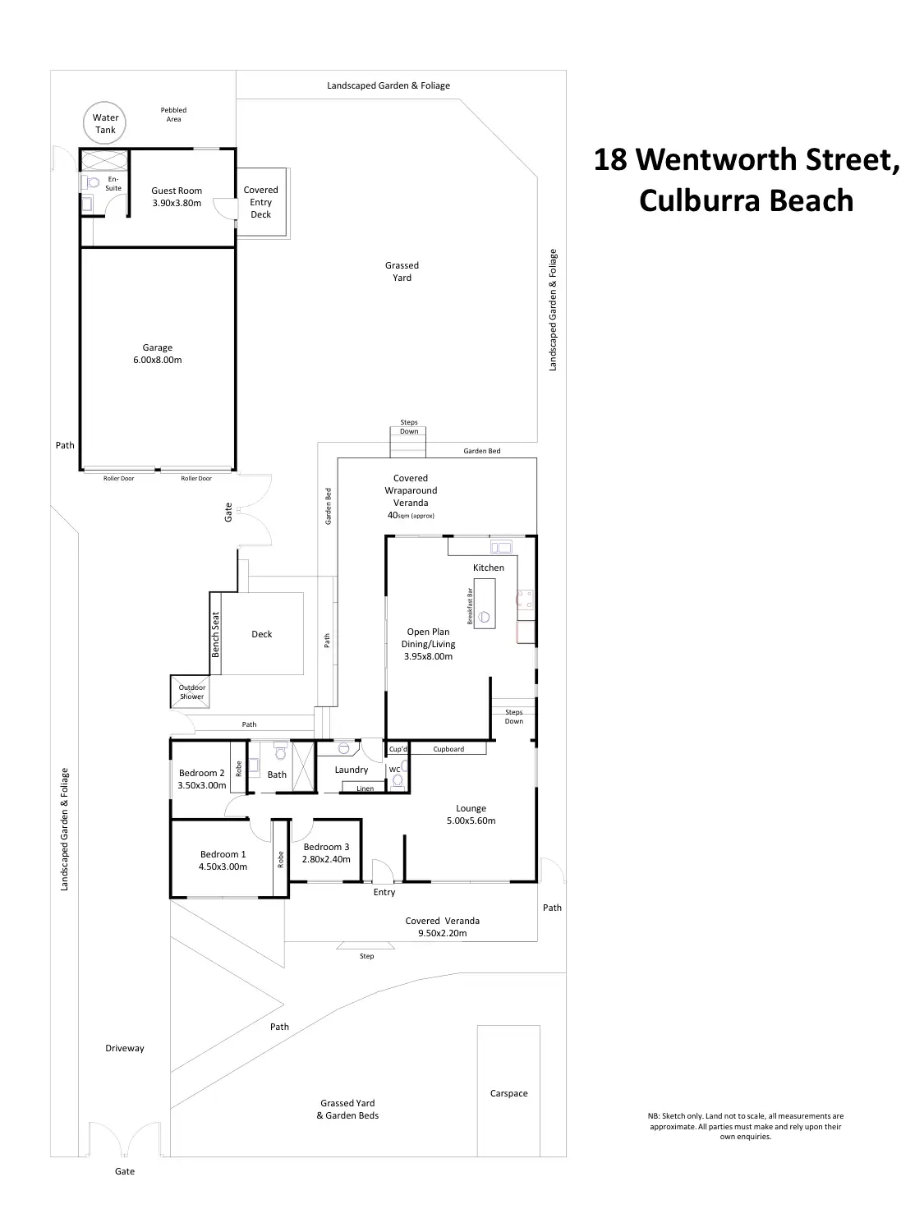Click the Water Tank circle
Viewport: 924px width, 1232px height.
(x=105, y=124)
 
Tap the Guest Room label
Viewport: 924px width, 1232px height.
(x=177, y=191)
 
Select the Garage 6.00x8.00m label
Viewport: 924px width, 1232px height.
(x=158, y=354)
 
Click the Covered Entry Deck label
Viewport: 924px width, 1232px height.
(x=260, y=202)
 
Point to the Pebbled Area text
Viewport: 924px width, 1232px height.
(x=173, y=114)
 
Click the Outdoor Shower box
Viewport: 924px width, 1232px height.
(x=192, y=692)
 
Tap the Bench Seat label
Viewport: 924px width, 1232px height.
(x=216, y=635)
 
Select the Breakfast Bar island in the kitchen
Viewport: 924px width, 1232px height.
(x=485, y=604)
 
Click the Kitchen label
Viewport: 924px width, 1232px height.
(x=489, y=568)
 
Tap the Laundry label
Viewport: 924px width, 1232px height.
(x=352, y=770)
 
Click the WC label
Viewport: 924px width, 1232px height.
(x=394, y=770)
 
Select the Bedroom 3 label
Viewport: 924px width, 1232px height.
(x=326, y=847)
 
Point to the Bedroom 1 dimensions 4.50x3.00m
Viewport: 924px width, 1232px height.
(x=223, y=867)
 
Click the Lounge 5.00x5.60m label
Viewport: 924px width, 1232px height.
(x=471, y=814)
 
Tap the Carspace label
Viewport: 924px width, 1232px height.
(x=508, y=1093)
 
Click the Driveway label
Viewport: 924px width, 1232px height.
(x=125, y=1048)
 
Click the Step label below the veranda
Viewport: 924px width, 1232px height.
(x=367, y=956)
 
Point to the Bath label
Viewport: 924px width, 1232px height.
(x=278, y=775)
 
